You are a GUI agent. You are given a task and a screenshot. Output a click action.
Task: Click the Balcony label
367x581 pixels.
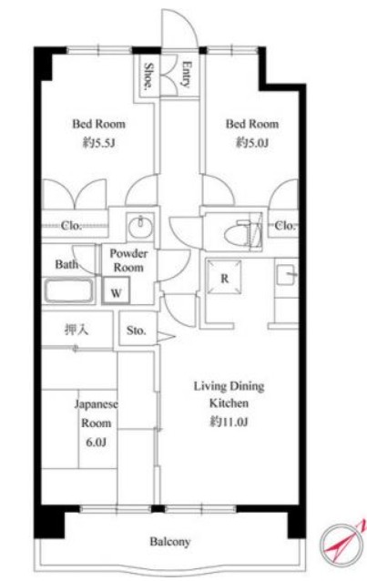(x=170, y=542)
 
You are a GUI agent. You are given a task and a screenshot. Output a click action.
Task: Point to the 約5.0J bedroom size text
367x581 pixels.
(x=252, y=142)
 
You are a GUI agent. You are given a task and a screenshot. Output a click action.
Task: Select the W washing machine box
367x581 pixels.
(x=117, y=292)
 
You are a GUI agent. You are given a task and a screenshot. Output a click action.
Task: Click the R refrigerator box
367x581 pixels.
(x=223, y=280)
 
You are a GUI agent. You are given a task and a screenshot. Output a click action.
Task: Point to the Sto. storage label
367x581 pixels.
(x=137, y=330)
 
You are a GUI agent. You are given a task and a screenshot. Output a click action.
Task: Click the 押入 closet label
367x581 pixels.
(x=76, y=330)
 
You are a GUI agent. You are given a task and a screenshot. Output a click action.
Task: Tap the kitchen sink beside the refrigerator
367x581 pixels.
(x=286, y=275)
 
